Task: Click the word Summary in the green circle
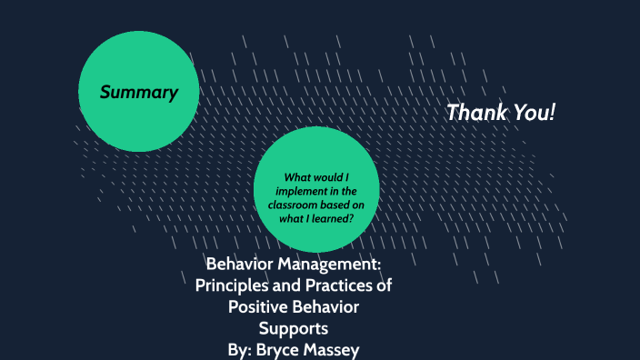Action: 138,92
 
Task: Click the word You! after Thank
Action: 536,113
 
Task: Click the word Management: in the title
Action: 328,265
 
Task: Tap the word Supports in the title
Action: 292,327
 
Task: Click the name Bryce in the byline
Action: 287,348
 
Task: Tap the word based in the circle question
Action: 331,205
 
